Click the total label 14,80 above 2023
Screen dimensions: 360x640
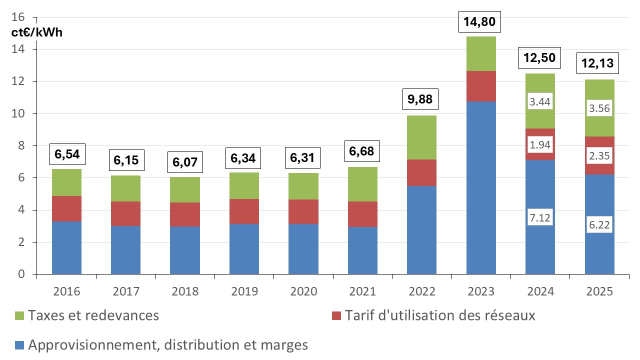[x=480, y=22]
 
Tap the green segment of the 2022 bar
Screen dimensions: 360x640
[x=421, y=137]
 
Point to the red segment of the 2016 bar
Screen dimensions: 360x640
[x=66, y=208]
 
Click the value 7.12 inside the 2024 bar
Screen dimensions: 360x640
[x=540, y=218]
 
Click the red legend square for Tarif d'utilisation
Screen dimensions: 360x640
[x=336, y=316]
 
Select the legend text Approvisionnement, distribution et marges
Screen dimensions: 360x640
[x=168, y=345]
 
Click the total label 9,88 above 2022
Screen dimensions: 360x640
[x=421, y=99]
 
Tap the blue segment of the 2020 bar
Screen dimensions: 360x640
[x=303, y=249]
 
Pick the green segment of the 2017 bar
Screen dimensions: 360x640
[x=126, y=188]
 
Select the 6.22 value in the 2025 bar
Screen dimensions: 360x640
[x=599, y=225]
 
